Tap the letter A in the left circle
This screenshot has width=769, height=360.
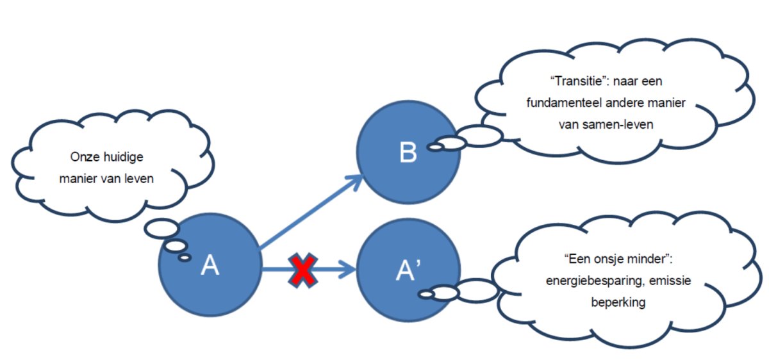(x=210, y=265)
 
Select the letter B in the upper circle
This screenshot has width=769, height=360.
(x=408, y=153)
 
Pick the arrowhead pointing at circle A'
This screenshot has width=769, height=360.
(x=349, y=270)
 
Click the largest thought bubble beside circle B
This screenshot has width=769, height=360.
(x=479, y=135)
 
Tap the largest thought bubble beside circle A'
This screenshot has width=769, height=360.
(x=475, y=290)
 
